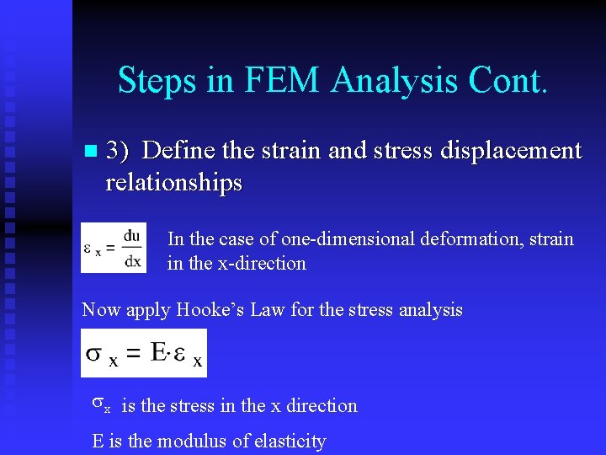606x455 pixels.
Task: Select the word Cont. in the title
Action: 503,81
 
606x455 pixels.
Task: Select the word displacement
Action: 514,151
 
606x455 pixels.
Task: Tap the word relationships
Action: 173,182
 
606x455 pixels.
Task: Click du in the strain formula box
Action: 131,237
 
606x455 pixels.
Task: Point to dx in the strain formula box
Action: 132,260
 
